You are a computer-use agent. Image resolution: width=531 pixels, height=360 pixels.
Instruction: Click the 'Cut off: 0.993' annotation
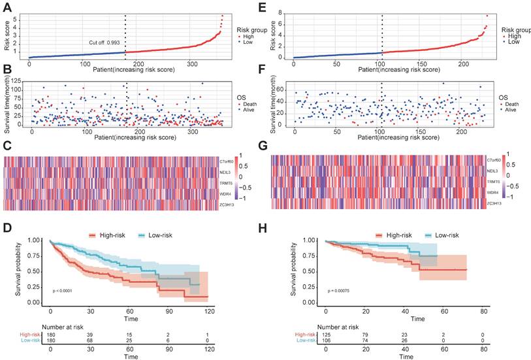(x=105, y=42)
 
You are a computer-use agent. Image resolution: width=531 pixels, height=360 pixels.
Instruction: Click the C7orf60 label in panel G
(x=494, y=159)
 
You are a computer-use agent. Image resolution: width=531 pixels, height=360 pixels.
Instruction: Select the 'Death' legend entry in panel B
(x=251, y=103)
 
